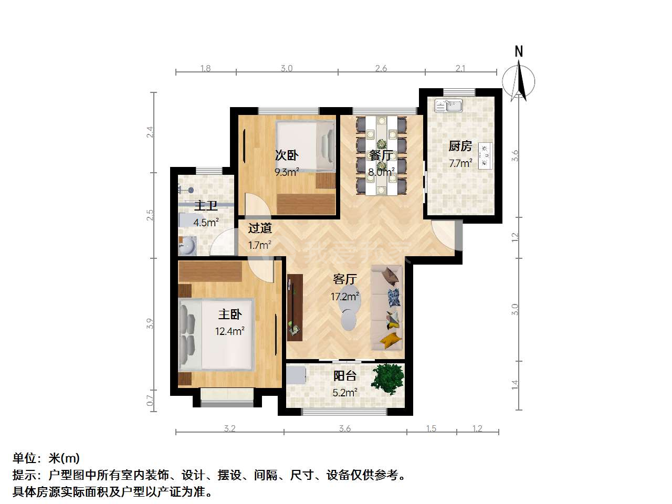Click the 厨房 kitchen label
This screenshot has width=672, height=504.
pos(460,146)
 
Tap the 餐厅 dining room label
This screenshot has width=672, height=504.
pos(381,155)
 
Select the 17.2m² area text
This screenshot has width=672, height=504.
pos(345,296)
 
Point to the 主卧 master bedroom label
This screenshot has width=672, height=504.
pos(230,314)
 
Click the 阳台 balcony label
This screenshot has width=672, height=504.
pos(345,376)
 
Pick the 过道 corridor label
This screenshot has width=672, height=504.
pos(260,228)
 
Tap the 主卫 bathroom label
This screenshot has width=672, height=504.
pos(206,205)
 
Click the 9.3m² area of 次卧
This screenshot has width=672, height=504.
pos(287,172)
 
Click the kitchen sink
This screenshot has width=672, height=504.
pos(448,106)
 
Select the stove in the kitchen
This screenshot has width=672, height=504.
pos(485,156)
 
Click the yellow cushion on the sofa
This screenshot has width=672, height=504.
pos(391,340)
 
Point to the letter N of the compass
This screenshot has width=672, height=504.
pos(518,51)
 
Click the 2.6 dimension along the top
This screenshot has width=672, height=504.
pos(381,68)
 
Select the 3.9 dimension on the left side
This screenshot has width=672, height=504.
pos(150,323)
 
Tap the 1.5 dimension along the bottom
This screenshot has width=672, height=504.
pos(431,428)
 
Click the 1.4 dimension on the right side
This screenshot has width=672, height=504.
pos(515,385)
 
